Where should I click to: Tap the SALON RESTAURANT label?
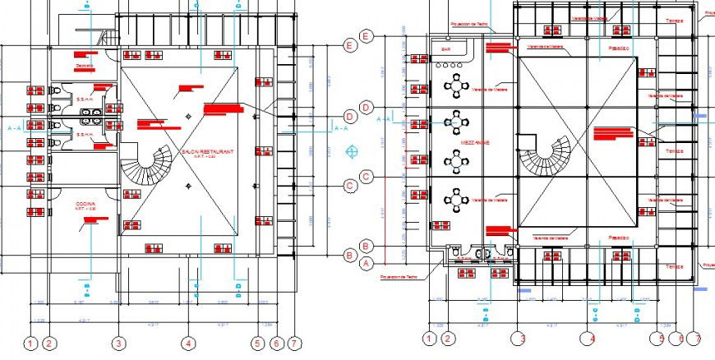(x=208, y=152)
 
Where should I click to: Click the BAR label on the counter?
(x=447, y=49)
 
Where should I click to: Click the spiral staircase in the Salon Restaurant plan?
(x=148, y=165)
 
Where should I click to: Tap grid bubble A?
(x=368, y=262)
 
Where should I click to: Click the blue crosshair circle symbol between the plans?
(x=352, y=152)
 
